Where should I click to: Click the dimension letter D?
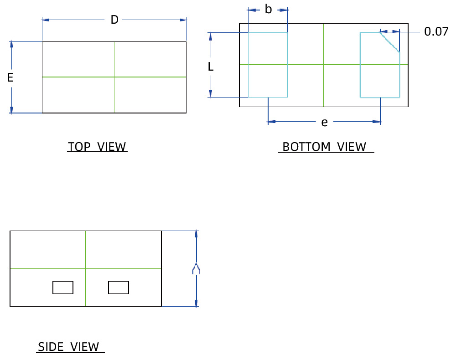coord(114,20)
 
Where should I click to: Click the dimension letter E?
coord(10,78)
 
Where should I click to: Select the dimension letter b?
coord(268,10)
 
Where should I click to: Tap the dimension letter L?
coord(210,67)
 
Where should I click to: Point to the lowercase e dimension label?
coord(324,122)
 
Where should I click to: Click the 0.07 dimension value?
coord(436,32)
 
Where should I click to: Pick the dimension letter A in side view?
coord(196,269)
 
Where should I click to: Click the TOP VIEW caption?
coord(97,147)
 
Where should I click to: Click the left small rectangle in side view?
coord(63,288)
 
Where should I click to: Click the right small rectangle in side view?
coord(119,288)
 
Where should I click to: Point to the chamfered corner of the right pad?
coord(390,42)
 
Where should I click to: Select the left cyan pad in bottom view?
coord(268,65)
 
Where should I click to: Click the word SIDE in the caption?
coord(51,347)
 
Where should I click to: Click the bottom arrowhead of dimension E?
coord(11,109)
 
